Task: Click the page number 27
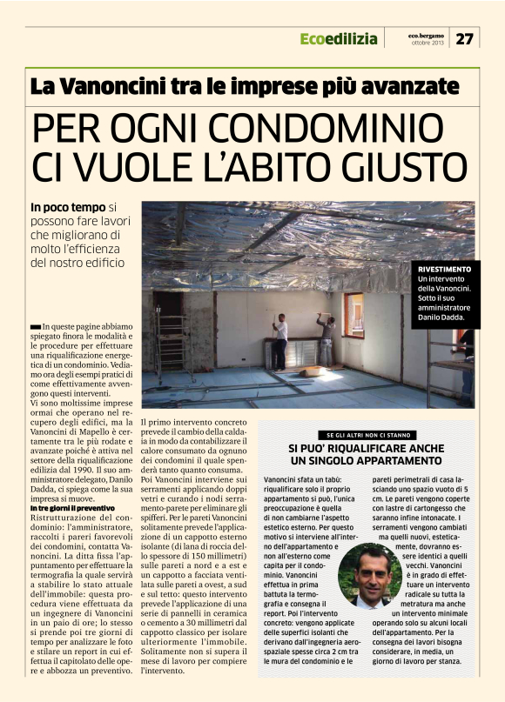tap(465, 38)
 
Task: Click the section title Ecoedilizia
tap(339, 38)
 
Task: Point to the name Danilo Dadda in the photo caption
tap(447, 318)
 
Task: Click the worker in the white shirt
tap(280, 341)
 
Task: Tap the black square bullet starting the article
tap(35, 324)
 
